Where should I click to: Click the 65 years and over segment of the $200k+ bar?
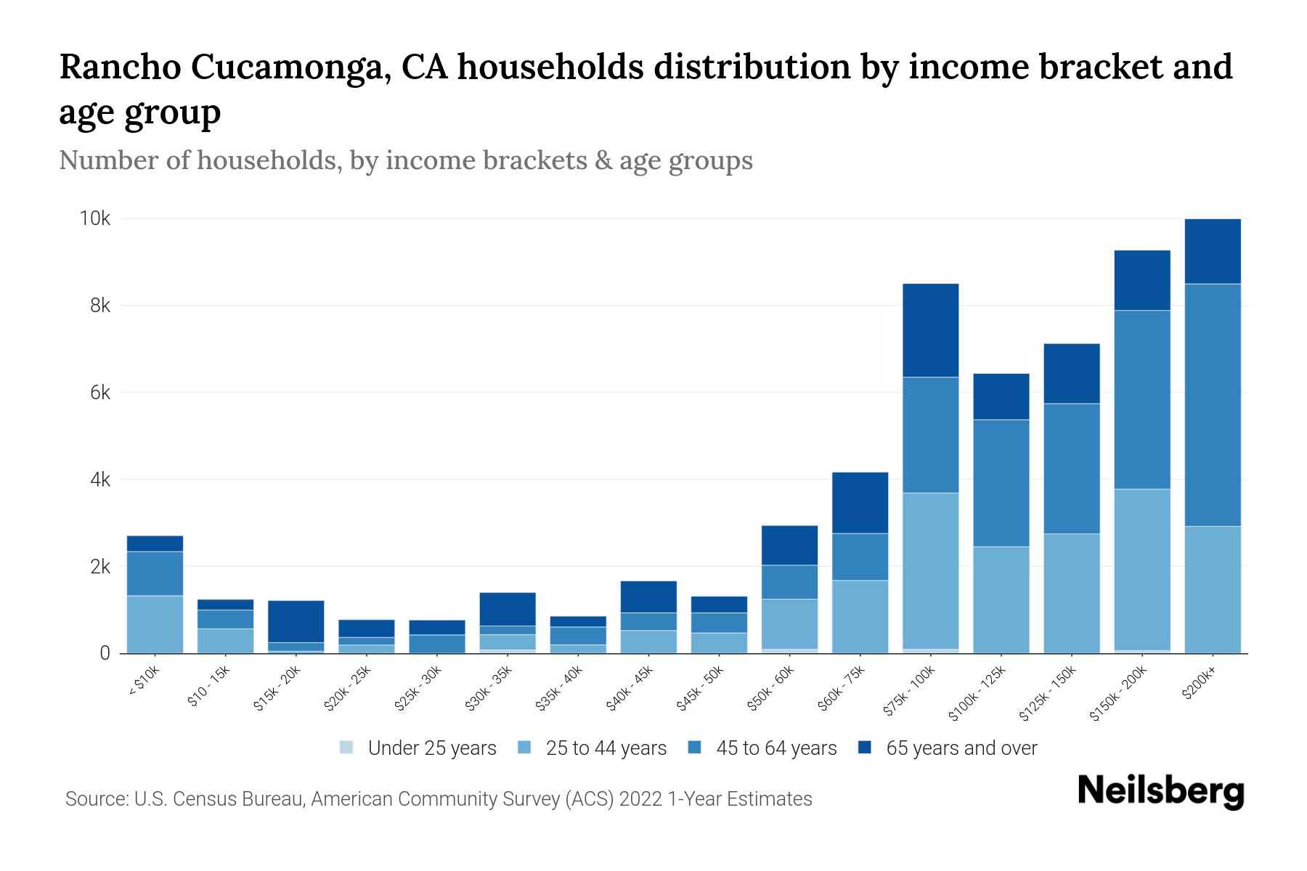[x=1213, y=251]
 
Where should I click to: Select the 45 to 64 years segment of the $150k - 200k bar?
[x=1142, y=400]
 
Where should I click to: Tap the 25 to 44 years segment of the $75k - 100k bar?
[x=930, y=571]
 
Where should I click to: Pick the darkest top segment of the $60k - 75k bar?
[x=860, y=503]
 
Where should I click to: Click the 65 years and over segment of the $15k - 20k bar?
[x=296, y=621]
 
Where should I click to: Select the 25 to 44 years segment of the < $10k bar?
[x=155, y=624]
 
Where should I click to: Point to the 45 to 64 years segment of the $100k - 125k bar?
[x=1001, y=483]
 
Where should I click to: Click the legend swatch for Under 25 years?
[x=347, y=748]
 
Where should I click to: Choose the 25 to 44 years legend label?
[x=606, y=748]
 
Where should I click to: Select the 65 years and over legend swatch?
[x=865, y=748]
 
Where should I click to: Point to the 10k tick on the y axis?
[x=95, y=218]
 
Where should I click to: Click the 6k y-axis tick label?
[x=99, y=393]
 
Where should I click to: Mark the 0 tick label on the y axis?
[x=105, y=653]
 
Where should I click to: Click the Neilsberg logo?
[x=1160, y=791]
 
